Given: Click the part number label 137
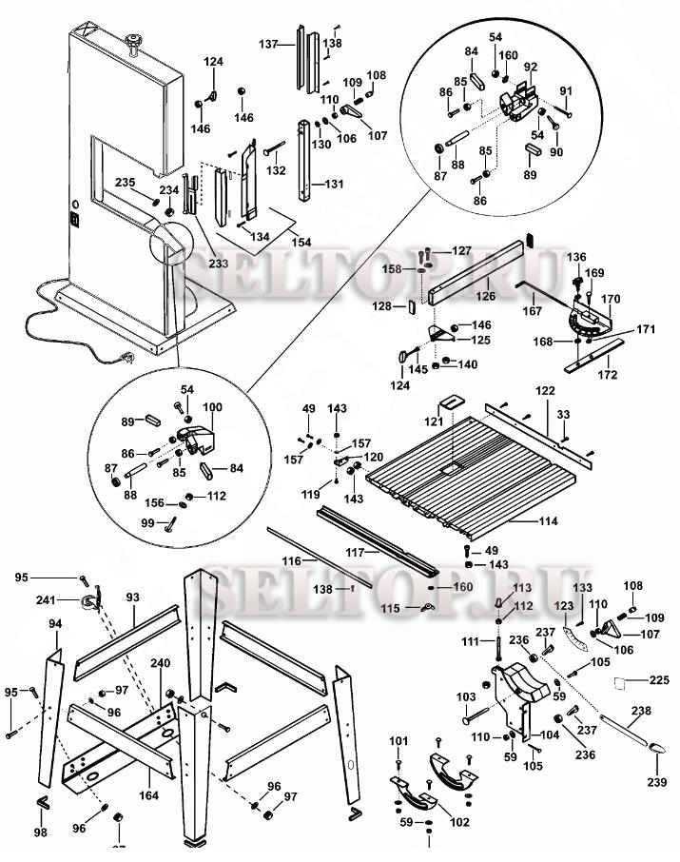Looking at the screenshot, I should coord(269,45).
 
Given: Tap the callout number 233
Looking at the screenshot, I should coord(219,264).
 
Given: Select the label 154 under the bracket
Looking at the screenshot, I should coord(301,243).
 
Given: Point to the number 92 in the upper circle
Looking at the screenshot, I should coord(531,67).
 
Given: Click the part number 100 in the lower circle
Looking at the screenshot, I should coord(212,407).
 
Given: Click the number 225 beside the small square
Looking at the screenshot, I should coord(659,679).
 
